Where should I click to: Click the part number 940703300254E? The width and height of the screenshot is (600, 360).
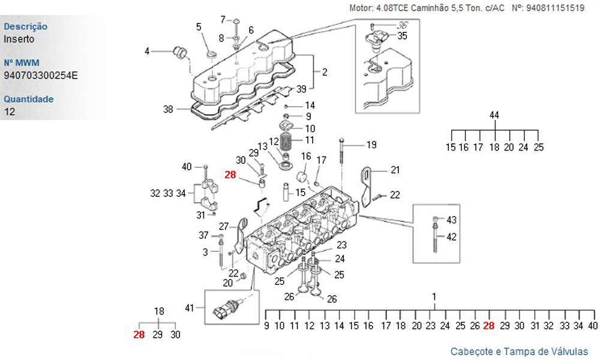pyautogui.click(x=41, y=76)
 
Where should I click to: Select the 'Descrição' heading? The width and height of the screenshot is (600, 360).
pyautogui.click(x=26, y=27)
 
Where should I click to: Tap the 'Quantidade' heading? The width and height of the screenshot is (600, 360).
pyautogui.click(x=29, y=99)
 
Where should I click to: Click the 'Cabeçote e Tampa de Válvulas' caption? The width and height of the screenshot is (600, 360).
pyautogui.click(x=519, y=352)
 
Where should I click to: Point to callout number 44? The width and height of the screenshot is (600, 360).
pyautogui.click(x=494, y=115)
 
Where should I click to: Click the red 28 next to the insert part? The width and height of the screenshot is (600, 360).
pyautogui.click(x=230, y=175)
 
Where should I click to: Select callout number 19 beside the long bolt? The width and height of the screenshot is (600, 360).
pyautogui.click(x=371, y=145)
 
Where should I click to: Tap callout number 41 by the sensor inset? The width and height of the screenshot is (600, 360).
pyautogui.click(x=190, y=308)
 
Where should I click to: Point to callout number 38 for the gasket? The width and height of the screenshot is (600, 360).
pyautogui.click(x=168, y=109)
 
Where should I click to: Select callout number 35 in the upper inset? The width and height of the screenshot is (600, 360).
pyautogui.click(x=402, y=36)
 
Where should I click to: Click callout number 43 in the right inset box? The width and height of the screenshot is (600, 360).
pyautogui.click(x=452, y=220)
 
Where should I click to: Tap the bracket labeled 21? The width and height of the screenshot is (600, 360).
pyautogui.click(x=366, y=187)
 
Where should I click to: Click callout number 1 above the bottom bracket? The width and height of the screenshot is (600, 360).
pyautogui.click(x=434, y=296)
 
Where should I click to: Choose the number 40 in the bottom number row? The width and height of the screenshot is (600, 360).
pyautogui.click(x=593, y=326)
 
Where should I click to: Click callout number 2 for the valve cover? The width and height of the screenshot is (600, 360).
pyautogui.click(x=325, y=72)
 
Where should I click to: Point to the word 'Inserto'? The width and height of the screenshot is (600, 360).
pyautogui.click(x=19, y=39)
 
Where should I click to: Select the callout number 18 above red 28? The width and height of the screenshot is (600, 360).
pyautogui.click(x=159, y=311)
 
